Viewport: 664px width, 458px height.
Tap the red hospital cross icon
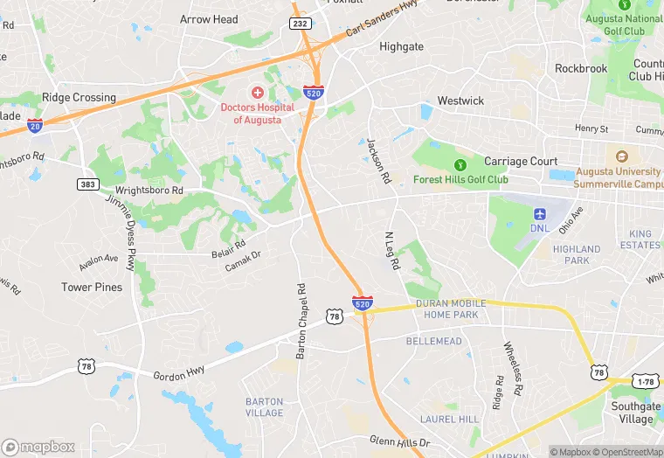pyautogui.click(x=258, y=93)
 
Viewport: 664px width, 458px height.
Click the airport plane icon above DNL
pyautogui.click(x=539, y=213)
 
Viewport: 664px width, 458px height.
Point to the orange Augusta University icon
pyautogui.click(x=622, y=156)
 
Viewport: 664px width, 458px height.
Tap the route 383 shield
pyautogui.click(x=86, y=184)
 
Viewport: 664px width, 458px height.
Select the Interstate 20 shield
pyautogui.click(x=35, y=126)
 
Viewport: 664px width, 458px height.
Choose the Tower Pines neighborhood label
pyautogui.click(x=92, y=287)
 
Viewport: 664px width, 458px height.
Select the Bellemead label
pyautogui.click(x=433, y=340)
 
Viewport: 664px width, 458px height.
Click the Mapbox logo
pyautogui.click(x=38, y=447)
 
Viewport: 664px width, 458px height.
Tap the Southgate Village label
pyautogui.click(x=635, y=413)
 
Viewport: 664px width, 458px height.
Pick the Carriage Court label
pyautogui.click(x=521, y=162)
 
